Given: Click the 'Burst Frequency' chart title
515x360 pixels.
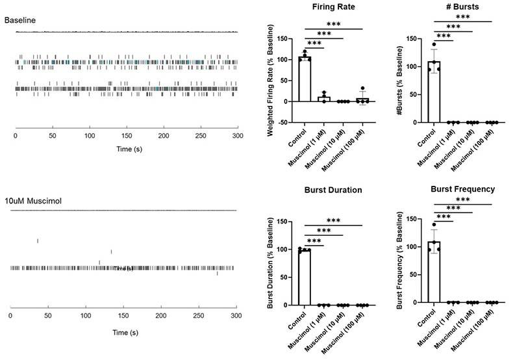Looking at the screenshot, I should [x=463, y=189].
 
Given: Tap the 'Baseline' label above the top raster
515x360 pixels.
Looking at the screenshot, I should [x=20, y=20].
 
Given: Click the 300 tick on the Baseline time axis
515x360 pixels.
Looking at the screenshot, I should [x=238, y=137].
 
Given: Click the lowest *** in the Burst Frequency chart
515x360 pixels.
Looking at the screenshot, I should [x=443, y=216].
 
